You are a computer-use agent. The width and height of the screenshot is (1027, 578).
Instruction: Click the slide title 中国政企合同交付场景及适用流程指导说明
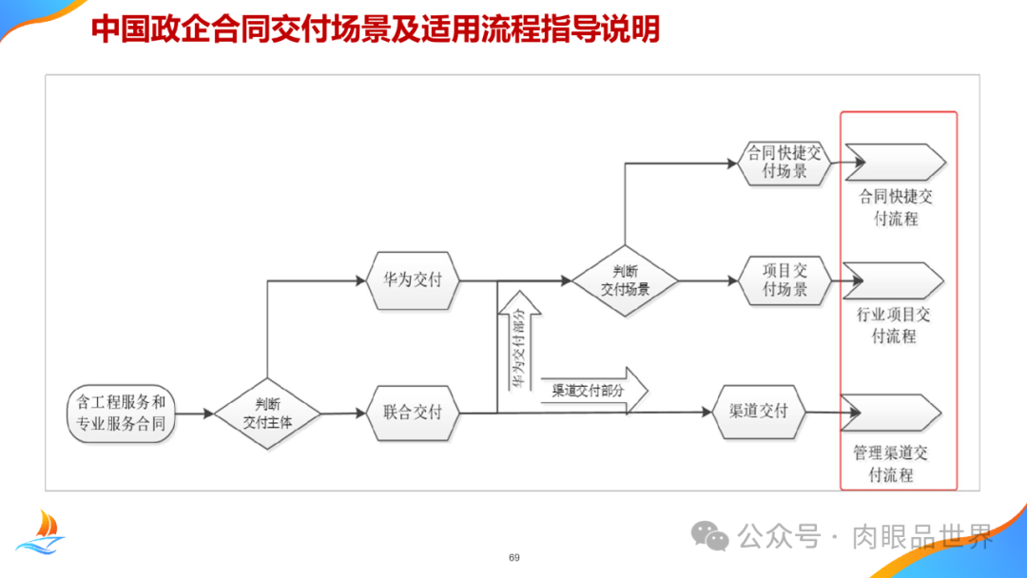point(376,29)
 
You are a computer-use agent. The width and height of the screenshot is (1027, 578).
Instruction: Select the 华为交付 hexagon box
point(413,281)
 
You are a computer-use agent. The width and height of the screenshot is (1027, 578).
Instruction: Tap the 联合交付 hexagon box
point(413,413)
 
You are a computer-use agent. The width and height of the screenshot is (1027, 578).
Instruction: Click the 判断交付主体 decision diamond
point(267,414)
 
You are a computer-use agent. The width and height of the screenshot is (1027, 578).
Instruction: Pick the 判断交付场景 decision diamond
point(625,280)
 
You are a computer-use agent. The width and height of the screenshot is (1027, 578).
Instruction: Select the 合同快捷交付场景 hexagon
point(785,163)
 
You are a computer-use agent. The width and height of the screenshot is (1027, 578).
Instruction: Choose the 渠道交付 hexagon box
point(758,412)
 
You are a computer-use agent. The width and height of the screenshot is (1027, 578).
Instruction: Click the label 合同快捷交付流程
point(896,207)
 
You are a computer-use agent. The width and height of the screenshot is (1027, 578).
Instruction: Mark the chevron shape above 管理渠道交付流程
point(894,413)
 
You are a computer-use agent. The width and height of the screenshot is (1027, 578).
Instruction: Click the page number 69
point(514,557)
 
